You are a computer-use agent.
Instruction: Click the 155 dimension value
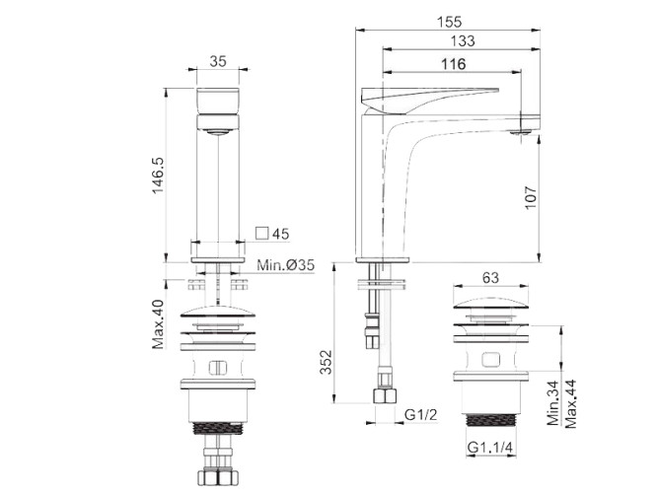[450, 22]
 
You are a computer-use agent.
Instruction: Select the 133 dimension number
[463, 41]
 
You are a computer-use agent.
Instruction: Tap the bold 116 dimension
[453, 64]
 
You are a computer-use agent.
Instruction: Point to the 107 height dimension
[531, 197]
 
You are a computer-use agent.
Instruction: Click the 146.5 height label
[158, 176]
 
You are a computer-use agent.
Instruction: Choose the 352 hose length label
[327, 362]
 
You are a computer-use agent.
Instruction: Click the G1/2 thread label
[420, 414]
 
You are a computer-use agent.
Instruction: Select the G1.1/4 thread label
[490, 447]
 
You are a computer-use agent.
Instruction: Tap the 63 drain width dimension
[490, 278]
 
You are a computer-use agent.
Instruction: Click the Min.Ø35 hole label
[285, 265]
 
